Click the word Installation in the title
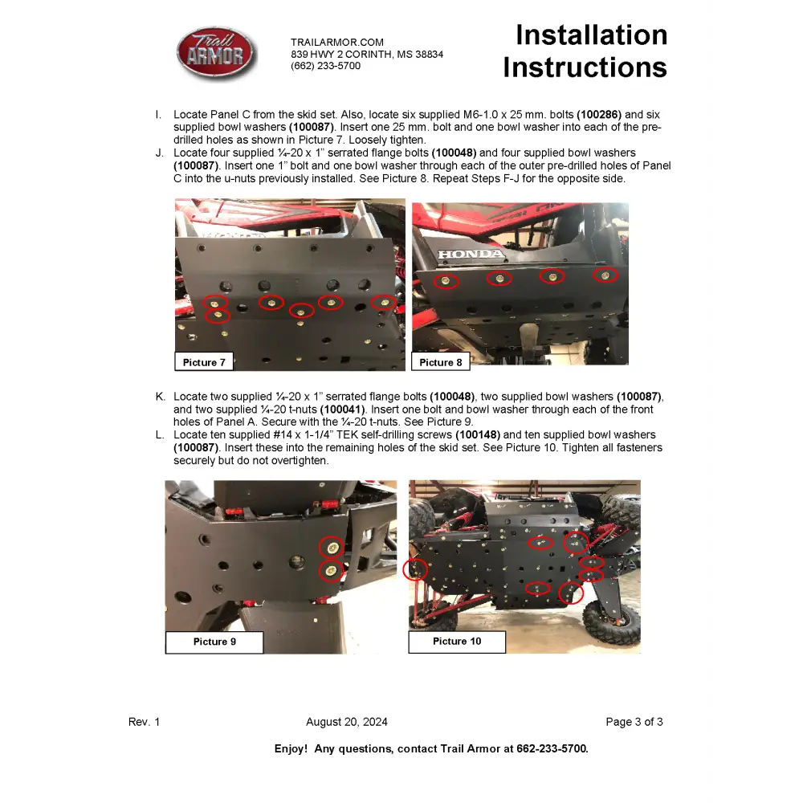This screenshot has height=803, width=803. tap(591, 35)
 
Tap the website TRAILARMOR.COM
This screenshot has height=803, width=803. tap(337, 43)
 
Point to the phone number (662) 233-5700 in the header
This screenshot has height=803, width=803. tap(325, 66)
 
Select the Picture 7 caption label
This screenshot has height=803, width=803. tap(204, 362)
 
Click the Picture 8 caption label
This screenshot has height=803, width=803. tap(441, 362)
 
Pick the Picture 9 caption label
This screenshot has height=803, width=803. tap(214, 642)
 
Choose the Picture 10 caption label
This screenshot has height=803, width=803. tap(457, 641)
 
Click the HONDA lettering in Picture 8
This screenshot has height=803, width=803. tap(471, 255)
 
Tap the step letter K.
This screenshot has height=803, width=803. tap(161, 397)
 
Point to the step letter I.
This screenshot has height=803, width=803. tap(158, 115)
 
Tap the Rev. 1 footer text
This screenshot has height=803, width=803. tap(145, 722)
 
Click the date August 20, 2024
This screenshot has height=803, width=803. tap(347, 722)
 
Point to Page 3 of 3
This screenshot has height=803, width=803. tap(634, 722)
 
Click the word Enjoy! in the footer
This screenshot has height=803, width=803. tap(291, 748)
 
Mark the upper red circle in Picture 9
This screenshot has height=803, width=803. tap(329, 547)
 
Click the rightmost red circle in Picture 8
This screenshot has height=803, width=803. tap(606, 276)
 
